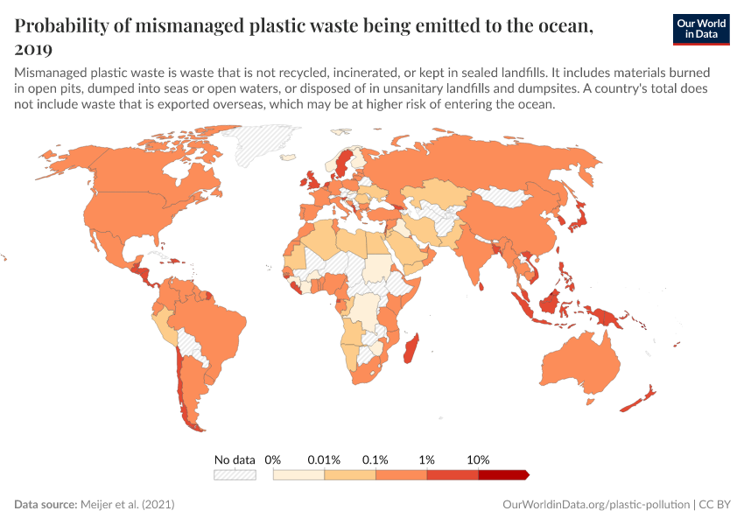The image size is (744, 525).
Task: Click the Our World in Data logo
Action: click(701, 29)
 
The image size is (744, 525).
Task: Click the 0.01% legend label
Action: click(324, 459)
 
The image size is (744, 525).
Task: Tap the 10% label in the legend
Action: click(479, 459)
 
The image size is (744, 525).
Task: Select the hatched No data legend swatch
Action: click(235, 474)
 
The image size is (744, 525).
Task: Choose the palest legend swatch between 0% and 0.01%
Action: click(298, 474)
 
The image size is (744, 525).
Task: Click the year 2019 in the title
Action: click(33, 49)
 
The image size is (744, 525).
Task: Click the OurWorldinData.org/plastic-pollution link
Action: click(596, 505)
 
